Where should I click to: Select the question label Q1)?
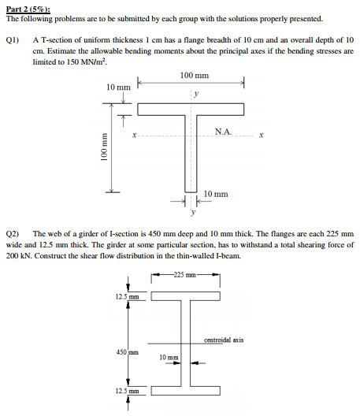(x=12, y=39)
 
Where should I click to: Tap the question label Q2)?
(x=12, y=234)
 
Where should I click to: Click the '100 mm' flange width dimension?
(x=193, y=76)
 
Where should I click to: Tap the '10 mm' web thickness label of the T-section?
(x=216, y=194)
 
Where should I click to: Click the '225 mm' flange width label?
(x=191, y=276)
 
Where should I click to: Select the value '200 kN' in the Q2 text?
(x=21, y=257)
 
